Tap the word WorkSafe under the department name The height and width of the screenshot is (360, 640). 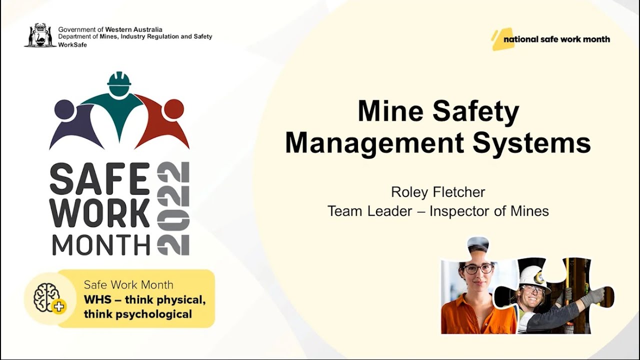click(x=72, y=44)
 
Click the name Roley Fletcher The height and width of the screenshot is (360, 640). click(x=438, y=192)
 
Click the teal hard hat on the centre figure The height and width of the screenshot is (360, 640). click(x=119, y=79)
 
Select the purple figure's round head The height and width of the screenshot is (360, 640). click(x=64, y=109)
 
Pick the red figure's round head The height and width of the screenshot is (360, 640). click(x=173, y=109)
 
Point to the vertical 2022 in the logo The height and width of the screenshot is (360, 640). click(x=173, y=208)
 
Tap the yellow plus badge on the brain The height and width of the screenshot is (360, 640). click(x=59, y=306)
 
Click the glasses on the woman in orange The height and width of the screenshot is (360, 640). click(x=478, y=268)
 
